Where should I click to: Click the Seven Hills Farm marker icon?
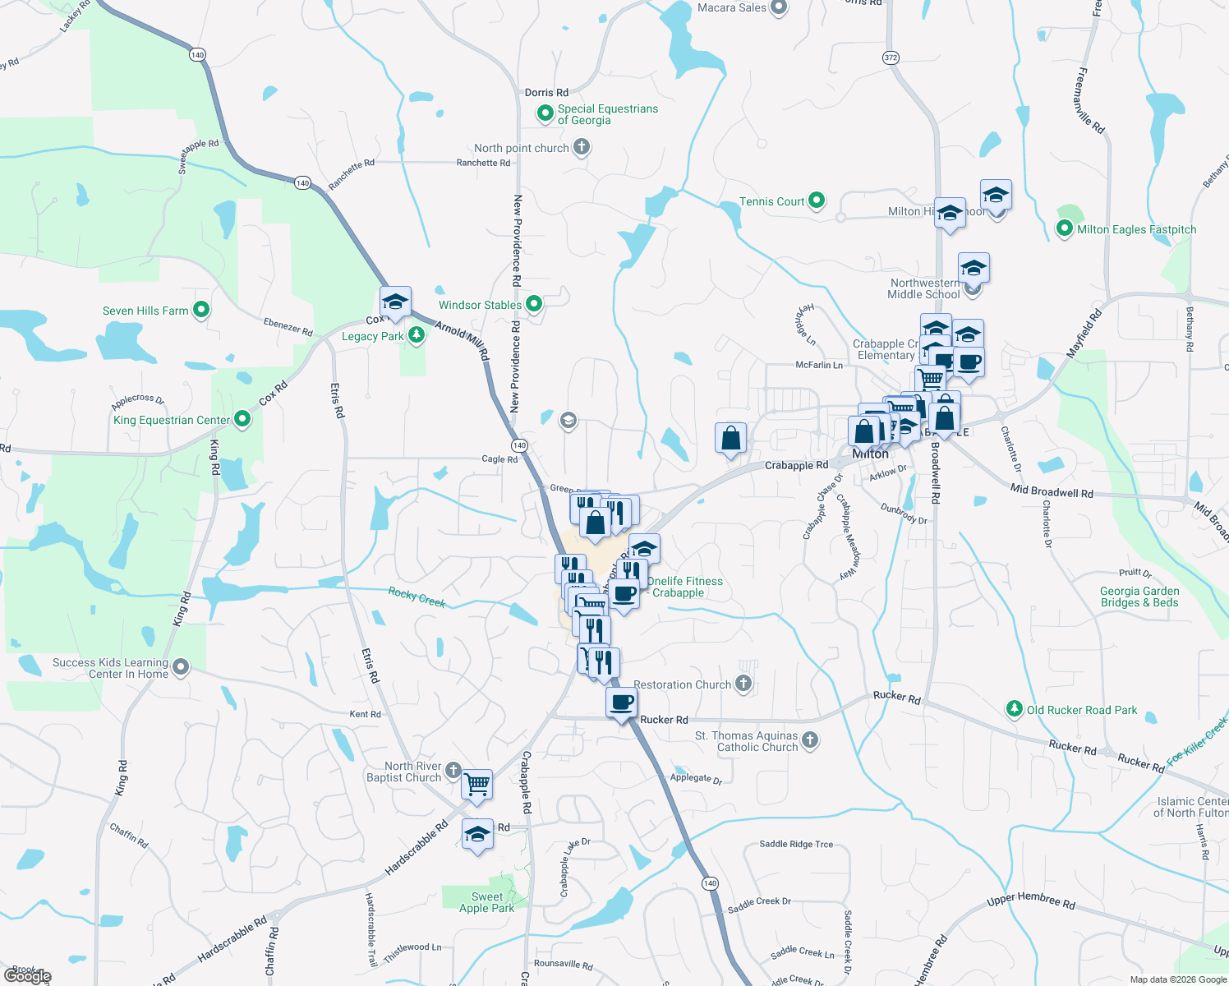pos(201,310)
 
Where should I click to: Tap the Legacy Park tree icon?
pos(417,335)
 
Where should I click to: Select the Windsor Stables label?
pos(480,305)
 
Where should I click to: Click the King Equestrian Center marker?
pos(242,419)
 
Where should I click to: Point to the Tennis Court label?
pos(771,201)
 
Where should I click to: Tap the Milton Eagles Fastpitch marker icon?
pos(1065,228)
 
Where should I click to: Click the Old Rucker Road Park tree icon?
pos(1015,708)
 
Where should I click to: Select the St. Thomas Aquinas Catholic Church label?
pos(746,741)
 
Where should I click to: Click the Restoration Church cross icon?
pos(743,684)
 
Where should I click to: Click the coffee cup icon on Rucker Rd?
pos(622,703)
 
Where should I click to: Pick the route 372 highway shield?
pos(891,58)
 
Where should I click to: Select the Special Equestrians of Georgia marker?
pos(545,113)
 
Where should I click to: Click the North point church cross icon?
pos(582,147)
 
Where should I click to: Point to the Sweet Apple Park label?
pos(486,902)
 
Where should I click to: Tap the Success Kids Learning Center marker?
pos(181,667)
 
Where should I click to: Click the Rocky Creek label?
pos(417,597)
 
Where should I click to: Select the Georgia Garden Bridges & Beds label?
pos(1139,597)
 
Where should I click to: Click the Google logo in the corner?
pos(27,976)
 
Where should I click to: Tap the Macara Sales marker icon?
pos(779,7)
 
